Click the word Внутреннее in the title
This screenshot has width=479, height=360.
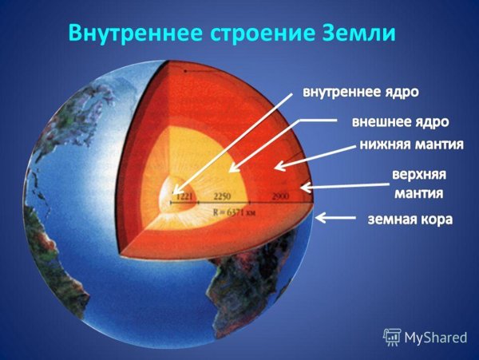[x=129, y=34]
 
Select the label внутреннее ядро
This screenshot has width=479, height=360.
[x=359, y=93]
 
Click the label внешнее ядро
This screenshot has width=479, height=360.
[x=400, y=122]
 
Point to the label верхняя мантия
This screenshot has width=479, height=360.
[x=418, y=183]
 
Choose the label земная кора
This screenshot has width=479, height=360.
[x=410, y=217]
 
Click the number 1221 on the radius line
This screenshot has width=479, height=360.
[x=185, y=196]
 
